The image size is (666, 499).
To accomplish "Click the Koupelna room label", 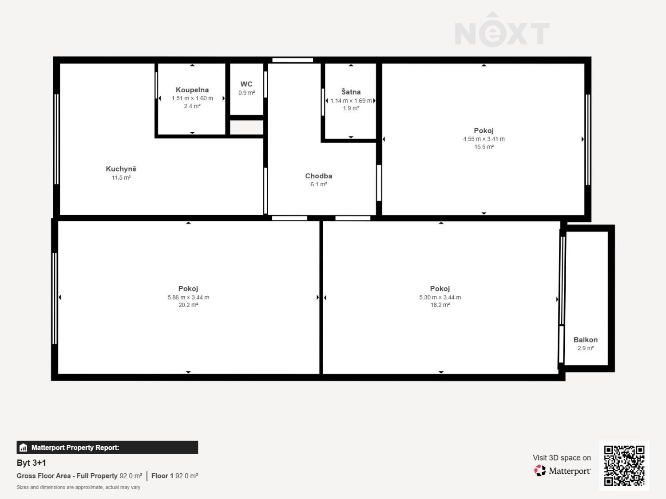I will (x=192, y=90).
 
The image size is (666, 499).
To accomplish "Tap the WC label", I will (x=246, y=84).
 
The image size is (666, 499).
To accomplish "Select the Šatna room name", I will (x=351, y=92).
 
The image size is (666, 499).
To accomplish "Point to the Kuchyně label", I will (x=121, y=169).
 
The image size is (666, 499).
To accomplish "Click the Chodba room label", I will (x=318, y=176).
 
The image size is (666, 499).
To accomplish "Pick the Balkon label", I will (x=585, y=340).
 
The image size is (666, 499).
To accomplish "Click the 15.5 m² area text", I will (x=484, y=147).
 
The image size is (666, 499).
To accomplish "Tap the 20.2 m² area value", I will (x=188, y=305).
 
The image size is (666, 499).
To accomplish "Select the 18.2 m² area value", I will (x=440, y=305).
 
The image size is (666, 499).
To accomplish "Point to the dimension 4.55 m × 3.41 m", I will (x=484, y=139).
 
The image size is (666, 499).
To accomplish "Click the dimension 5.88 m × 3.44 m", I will (x=188, y=298).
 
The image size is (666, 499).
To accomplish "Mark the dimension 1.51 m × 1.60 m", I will (x=192, y=98).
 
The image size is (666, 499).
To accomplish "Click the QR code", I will (x=624, y=465).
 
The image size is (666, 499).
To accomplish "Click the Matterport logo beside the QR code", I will (x=562, y=471).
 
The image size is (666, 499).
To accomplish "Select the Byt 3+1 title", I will (x=31, y=463).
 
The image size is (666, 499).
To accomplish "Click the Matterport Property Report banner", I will (x=107, y=448).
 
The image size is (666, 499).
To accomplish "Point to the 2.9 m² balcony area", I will (x=585, y=348).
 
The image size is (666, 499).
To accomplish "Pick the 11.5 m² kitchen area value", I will (x=121, y=178).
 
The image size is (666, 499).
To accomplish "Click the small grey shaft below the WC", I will (x=246, y=128).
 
